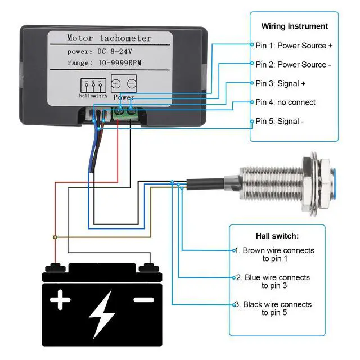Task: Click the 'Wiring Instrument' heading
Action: tap(294, 26)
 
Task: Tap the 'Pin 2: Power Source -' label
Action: tap(293, 64)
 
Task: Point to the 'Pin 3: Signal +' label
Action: tap(281, 83)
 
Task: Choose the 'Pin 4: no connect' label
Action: tap(285, 102)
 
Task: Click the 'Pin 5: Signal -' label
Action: tap(280, 121)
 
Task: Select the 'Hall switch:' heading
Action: tap(277, 236)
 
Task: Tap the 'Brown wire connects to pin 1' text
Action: tap(274, 254)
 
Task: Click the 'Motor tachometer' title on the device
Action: tap(109, 38)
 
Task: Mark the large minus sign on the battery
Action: tap(145, 299)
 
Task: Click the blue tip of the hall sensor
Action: tap(336, 178)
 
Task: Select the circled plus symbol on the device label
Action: tap(116, 84)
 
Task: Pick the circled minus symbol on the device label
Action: tap(131, 84)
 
